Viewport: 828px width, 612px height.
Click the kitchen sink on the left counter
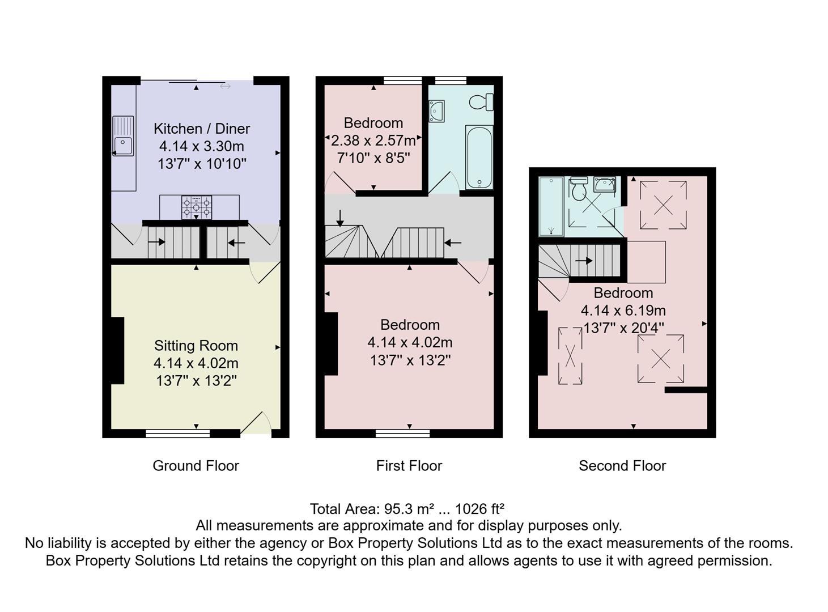point(123,136)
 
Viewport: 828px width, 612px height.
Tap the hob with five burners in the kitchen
point(196,207)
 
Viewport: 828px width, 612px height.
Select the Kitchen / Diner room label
point(202,129)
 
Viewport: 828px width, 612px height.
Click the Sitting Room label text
point(196,346)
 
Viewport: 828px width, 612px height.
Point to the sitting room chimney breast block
point(117,351)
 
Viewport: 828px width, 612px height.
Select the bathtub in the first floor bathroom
point(479,157)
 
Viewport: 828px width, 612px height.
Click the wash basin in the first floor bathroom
point(436,110)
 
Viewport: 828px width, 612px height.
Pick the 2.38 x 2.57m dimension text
point(373,141)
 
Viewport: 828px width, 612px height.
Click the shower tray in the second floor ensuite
point(551,206)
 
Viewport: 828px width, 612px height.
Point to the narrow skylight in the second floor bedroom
point(570,356)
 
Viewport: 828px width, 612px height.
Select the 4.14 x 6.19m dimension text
point(623,311)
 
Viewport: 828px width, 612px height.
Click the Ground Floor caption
point(196,466)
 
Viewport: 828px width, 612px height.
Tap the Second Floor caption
point(622,466)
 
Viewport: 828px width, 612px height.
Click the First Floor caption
point(409,466)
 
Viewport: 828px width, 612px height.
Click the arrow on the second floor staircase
point(584,261)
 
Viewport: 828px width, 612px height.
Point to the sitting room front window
point(178,433)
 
